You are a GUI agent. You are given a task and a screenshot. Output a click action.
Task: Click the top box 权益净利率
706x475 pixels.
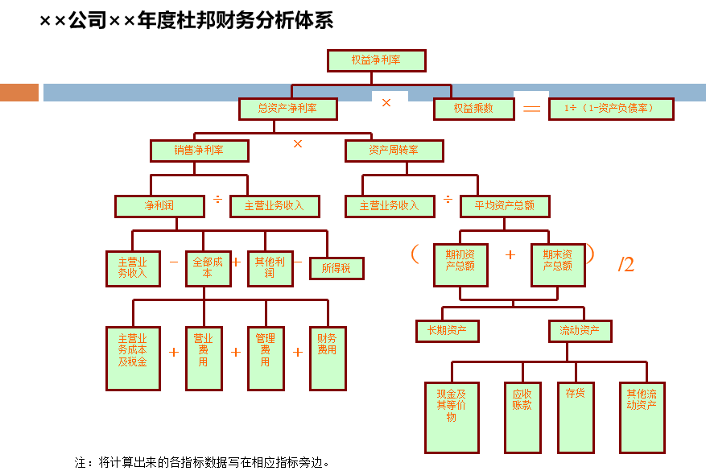[x=376, y=60]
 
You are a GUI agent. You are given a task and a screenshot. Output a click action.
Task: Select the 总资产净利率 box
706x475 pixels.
[x=287, y=109]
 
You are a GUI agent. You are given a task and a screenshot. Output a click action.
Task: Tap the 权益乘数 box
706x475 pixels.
[x=473, y=109]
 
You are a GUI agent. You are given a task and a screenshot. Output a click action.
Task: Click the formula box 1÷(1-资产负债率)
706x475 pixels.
[x=611, y=109]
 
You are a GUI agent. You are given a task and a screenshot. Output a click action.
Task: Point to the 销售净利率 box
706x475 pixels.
[x=199, y=151]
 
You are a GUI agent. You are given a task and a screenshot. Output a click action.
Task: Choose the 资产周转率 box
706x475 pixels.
[x=394, y=151]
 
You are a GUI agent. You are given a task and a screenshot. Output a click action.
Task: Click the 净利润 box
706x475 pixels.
[x=159, y=206]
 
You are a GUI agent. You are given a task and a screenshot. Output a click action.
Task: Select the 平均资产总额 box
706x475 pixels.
[x=505, y=206]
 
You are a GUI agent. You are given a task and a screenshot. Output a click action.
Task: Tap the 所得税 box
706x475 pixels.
[x=336, y=268]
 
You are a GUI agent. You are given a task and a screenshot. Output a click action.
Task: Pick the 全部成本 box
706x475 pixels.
[x=208, y=268]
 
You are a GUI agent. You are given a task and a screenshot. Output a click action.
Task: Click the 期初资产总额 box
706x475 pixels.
[x=460, y=264]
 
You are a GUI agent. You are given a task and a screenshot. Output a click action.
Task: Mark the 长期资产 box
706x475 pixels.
[x=447, y=330]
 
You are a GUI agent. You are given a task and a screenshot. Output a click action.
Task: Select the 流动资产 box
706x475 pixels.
[x=580, y=330]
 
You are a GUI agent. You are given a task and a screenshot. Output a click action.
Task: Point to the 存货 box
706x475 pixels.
[x=576, y=416]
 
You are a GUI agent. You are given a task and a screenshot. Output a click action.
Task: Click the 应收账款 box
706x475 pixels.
[x=522, y=416]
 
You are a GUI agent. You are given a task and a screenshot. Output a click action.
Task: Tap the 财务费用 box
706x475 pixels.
[x=328, y=357]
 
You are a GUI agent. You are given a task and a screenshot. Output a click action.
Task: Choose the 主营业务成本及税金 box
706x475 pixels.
[x=133, y=357]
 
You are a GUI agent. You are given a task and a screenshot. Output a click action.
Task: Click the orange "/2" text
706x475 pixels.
[x=626, y=265]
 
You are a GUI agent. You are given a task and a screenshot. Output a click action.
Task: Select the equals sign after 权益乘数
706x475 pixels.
[x=531, y=109]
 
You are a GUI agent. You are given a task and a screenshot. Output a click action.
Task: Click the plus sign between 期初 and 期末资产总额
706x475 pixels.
[x=510, y=255]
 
